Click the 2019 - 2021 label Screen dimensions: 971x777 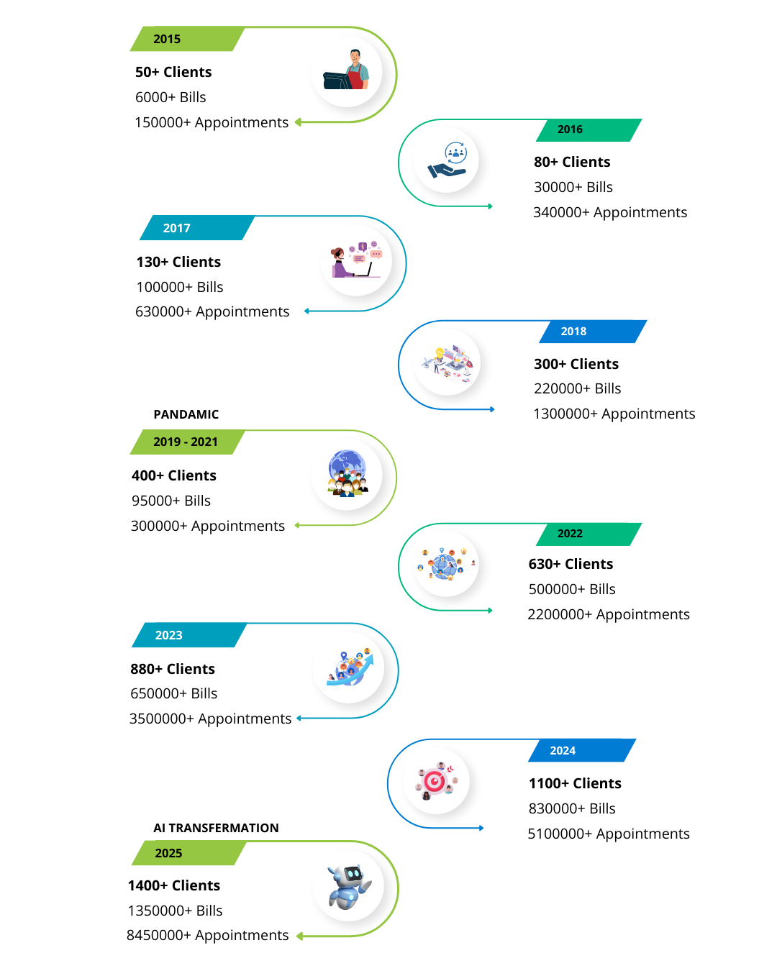click(186, 442)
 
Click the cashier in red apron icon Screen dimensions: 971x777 click(347, 71)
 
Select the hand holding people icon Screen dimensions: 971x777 click(446, 160)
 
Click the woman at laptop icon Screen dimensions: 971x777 click(356, 260)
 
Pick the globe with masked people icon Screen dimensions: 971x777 click(347, 475)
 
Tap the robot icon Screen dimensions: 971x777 click(348, 885)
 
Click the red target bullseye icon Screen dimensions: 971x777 click(436, 781)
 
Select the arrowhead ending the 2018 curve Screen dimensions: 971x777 click(492, 409)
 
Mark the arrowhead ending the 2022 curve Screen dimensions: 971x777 click(490, 611)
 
